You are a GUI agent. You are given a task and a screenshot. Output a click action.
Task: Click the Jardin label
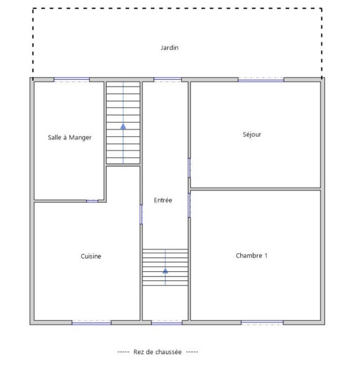point(169,48)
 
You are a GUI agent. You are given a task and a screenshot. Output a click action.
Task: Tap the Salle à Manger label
point(70,137)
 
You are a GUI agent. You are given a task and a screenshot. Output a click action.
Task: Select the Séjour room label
point(252,134)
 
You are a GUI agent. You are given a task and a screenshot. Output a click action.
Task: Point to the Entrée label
point(163,200)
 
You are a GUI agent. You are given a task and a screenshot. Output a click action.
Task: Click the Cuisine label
point(91,256)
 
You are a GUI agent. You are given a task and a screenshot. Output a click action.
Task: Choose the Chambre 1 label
point(252,255)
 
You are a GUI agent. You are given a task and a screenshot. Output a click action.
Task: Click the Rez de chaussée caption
point(158,352)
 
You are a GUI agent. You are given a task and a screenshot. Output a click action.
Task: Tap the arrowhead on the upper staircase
point(123,126)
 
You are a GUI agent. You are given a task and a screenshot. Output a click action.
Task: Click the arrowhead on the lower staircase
point(165,271)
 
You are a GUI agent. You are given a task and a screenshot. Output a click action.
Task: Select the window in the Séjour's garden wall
point(261,80)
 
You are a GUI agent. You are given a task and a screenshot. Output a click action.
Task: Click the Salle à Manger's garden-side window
point(72,79)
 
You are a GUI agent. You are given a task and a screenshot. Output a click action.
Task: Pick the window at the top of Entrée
point(167,79)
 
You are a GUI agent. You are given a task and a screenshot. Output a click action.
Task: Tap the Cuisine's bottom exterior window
point(91,323)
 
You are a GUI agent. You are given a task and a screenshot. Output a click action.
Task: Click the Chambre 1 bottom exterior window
point(262,323)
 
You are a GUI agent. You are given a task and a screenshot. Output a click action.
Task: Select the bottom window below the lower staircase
point(167,323)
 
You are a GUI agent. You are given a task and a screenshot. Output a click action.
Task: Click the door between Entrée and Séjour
point(189,168)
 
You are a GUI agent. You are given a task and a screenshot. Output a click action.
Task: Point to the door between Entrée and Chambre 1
point(189,205)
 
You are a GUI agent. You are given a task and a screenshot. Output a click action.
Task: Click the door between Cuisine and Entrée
point(141,214)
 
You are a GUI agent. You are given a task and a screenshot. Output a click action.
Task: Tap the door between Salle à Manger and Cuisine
point(92,201)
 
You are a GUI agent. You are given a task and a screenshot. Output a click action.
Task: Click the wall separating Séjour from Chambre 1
point(255,189)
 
